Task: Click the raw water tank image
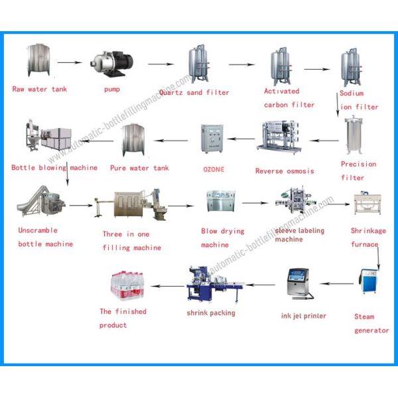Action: (38, 60)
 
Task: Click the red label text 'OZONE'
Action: (214, 169)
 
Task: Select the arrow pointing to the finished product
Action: (164, 286)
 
